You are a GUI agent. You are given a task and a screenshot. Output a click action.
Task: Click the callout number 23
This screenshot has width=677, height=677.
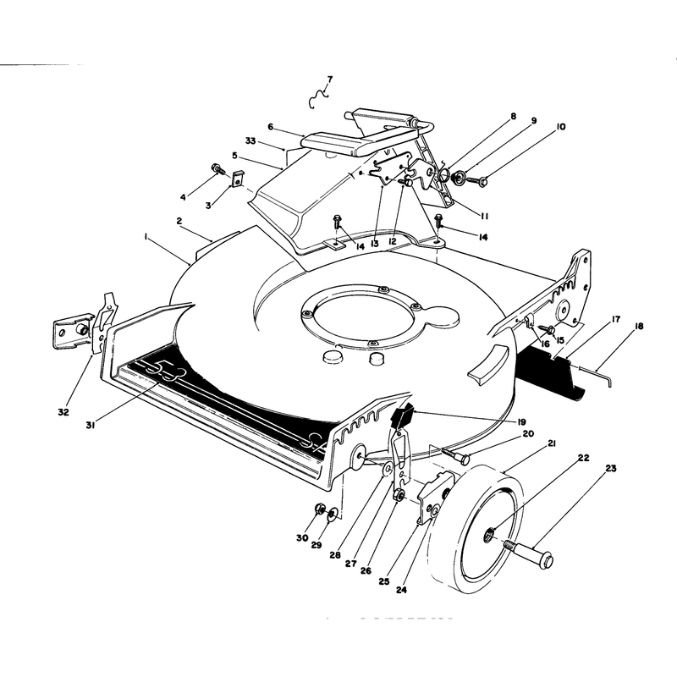click(x=611, y=469)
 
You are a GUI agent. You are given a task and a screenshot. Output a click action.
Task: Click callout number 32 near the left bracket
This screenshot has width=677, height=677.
click(x=63, y=412)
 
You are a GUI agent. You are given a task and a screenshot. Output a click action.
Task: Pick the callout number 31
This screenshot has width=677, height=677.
click(x=91, y=426)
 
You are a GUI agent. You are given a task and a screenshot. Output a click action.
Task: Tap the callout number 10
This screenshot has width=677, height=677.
click(x=560, y=126)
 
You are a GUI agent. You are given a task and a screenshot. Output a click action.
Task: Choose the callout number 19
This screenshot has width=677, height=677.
click(x=522, y=421)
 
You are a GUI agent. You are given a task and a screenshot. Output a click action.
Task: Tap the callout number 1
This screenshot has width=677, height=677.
click(x=146, y=236)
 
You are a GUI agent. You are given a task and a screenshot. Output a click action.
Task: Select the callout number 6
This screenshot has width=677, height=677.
click(x=270, y=126)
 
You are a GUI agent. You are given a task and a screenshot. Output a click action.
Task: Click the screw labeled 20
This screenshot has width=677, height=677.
click(x=455, y=455)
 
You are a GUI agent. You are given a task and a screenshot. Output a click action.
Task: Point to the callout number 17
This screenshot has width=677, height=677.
click(x=616, y=319)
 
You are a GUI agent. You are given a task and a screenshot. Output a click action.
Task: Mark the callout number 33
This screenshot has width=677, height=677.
click(x=250, y=140)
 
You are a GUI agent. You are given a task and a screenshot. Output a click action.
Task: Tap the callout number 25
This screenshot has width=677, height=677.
click(x=384, y=581)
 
